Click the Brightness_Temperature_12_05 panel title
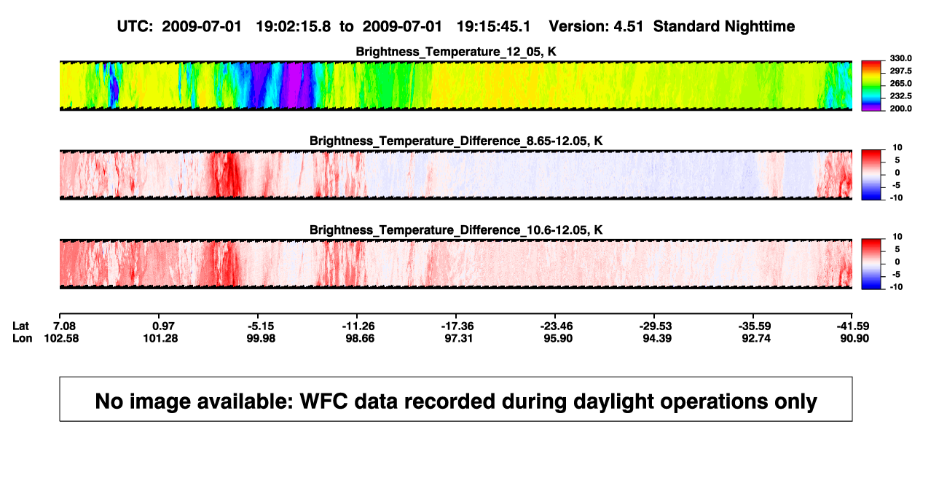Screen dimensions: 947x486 456,52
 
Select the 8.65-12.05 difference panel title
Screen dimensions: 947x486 456,141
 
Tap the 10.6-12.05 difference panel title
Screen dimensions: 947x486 456,230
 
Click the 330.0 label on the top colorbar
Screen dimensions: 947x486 900,58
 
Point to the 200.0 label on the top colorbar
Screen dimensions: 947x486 900,109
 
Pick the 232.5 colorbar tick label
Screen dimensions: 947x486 900,96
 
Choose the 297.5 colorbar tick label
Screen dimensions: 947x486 900,71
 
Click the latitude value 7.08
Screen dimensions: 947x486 64,326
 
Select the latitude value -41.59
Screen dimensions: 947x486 853,326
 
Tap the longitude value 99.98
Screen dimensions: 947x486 261,338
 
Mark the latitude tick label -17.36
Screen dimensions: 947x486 457,326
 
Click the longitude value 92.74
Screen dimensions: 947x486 756,338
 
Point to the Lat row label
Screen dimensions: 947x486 20,326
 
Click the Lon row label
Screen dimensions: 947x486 22,338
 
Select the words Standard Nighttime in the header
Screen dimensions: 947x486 724,27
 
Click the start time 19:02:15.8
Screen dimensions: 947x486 294,27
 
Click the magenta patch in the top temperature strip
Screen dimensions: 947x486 295,85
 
